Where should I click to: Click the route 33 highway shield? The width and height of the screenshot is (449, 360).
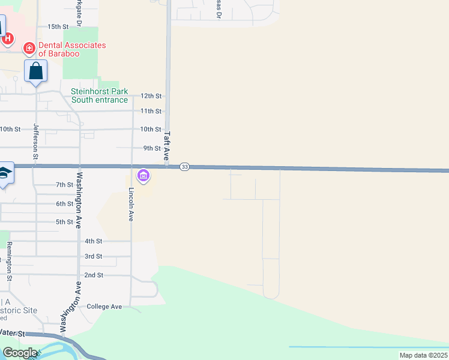[185, 167]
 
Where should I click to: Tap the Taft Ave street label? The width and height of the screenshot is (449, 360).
[167, 145]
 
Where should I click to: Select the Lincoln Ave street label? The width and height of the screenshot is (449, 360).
[131, 205]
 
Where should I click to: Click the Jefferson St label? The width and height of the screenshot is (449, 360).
[36, 141]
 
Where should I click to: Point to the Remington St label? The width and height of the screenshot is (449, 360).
[10, 261]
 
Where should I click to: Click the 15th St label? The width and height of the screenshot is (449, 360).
[58, 27]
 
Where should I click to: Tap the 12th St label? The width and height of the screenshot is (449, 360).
[151, 96]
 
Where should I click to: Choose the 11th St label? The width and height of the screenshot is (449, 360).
[151, 111]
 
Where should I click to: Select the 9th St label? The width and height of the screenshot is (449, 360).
[152, 148]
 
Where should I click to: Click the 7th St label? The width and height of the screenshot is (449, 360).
[64, 185]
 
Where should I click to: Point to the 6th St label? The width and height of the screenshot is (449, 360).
[64, 204]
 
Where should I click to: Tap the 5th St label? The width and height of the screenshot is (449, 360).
[64, 222]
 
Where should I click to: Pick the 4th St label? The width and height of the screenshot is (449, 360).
[93, 241]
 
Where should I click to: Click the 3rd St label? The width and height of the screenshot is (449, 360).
[93, 256]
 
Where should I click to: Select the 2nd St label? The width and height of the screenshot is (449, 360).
[94, 275]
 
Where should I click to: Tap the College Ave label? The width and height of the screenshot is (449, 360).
[104, 307]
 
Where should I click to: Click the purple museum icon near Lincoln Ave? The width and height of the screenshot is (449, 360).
[143, 176]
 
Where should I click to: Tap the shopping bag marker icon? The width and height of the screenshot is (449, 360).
[36, 71]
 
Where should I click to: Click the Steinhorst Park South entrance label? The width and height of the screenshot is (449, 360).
[100, 95]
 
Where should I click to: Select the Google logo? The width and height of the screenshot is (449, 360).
[20, 353]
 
